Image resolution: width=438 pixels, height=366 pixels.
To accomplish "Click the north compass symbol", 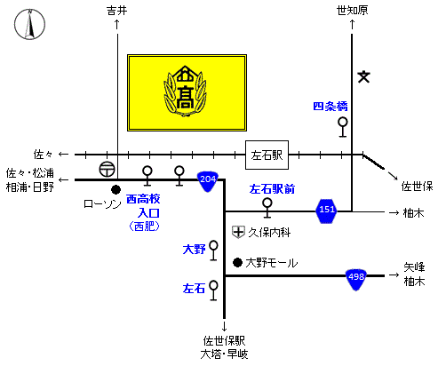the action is click(x=29, y=24).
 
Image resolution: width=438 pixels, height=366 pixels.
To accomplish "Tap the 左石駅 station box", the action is click(x=267, y=155).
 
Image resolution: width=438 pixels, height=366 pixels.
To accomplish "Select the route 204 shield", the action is click(x=208, y=181).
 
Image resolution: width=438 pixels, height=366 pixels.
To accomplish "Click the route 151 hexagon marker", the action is click(x=326, y=211).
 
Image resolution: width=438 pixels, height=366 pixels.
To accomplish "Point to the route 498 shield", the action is click(x=356, y=279).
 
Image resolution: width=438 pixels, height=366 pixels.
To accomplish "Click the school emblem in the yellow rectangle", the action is click(x=186, y=91).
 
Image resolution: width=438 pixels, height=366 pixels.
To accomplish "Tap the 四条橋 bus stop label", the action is click(x=330, y=106).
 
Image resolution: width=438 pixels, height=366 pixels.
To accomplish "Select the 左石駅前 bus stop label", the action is click(x=272, y=189).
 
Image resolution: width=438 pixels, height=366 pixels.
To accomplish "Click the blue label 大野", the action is click(x=194, y=250).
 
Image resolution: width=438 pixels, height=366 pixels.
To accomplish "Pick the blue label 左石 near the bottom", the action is click(x=194, y=288).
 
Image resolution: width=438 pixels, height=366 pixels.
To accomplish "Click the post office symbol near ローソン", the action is click(x=107, y=170).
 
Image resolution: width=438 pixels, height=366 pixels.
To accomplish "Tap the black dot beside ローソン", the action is click(x=115, y=190).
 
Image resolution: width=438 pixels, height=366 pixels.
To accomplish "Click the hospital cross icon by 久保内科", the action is click(x=238, y=232).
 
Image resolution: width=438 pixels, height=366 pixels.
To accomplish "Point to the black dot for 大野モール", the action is click(x=237, y=262).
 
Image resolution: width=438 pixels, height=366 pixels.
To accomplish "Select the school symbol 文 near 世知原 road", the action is click(x=363, y=77).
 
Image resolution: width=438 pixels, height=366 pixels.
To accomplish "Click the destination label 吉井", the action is click(x=117, y=11).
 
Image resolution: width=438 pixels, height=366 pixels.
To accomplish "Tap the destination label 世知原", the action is click(x=352, y=11).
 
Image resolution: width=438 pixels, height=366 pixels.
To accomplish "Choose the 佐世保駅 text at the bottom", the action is click(x=224, y=341).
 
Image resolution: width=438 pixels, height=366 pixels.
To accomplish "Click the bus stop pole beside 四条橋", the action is click(x=343, y=127).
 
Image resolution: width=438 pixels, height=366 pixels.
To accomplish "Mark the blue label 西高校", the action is click(x=143, y=199).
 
